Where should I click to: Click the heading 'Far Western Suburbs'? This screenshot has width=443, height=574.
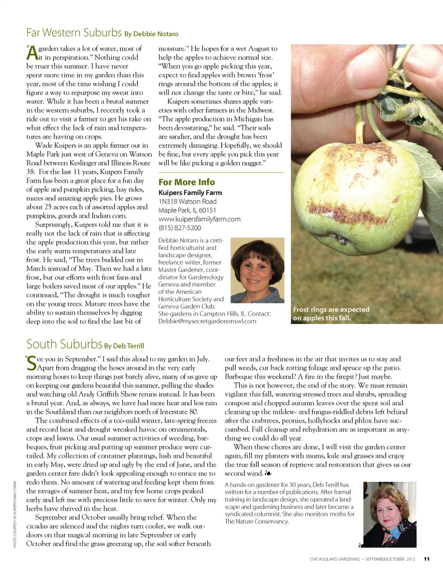tap(74, 33)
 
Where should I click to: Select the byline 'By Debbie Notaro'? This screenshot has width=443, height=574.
tap(151, 34)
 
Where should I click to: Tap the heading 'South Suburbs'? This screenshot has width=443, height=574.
tap(64, 344)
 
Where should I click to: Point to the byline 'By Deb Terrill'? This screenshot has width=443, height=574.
tap(124, 346)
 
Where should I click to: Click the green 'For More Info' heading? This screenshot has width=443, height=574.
tap(186, 182)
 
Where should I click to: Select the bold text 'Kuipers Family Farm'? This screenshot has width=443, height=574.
tap(190, 193)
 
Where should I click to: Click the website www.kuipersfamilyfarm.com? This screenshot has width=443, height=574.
tap(199, 219)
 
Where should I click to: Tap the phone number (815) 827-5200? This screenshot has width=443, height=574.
tap(180, 228)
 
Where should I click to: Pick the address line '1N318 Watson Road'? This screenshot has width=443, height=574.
tap(187, 201)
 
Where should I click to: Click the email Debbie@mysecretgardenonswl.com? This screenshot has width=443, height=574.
tap(207, 321)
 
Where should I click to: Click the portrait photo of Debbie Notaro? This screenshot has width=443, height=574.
tap(257, 270)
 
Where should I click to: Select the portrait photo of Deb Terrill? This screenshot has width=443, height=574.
tap(390, 515)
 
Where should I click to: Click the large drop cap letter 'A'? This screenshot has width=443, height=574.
tap(32, 53)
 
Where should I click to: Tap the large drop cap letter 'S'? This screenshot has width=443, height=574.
tap(31, 364)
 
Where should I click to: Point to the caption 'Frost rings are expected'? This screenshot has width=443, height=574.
tap(331, 309)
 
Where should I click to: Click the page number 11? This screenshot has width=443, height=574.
tap(427, 559)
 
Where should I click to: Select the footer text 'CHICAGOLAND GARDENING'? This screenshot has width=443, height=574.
tap(335, 559)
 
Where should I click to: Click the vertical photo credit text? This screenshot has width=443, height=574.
tap(15, 514)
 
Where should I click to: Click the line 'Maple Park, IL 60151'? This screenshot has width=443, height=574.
tap(187, 210)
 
